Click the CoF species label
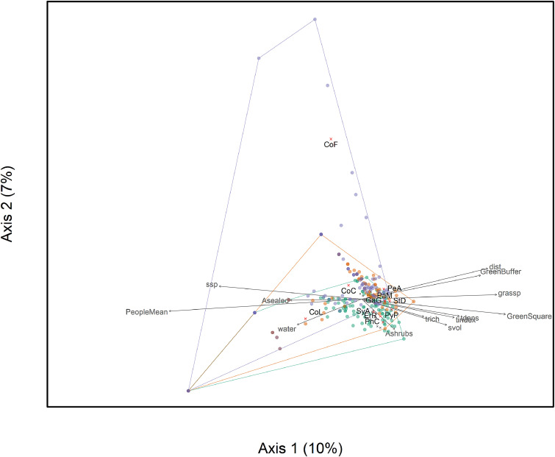pyautogui.click(x=331, y=146)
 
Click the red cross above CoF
pyautogui.click(x=331, y=139)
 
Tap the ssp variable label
pyautogui.click(x=211, y=284)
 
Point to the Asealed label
pyautogui.click(x=275, y=301)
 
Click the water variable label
pyautogui.click(x=286, y=330)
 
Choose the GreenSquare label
pyautogui.click(x=526, y=316)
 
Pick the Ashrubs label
pyautogui.click(x=399, y=333)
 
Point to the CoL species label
pyautogui.click(x=315, y=312)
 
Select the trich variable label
pyautogui.click(x=432, y=319)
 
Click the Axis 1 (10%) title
pyautogui.click(x=300, y=447)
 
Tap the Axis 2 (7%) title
pyautogui.click(x=12, y=204)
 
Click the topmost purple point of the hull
pyautogui.click(x=315, y=19)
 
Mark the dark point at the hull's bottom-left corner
pyautogui.click(x=189, y=391)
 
